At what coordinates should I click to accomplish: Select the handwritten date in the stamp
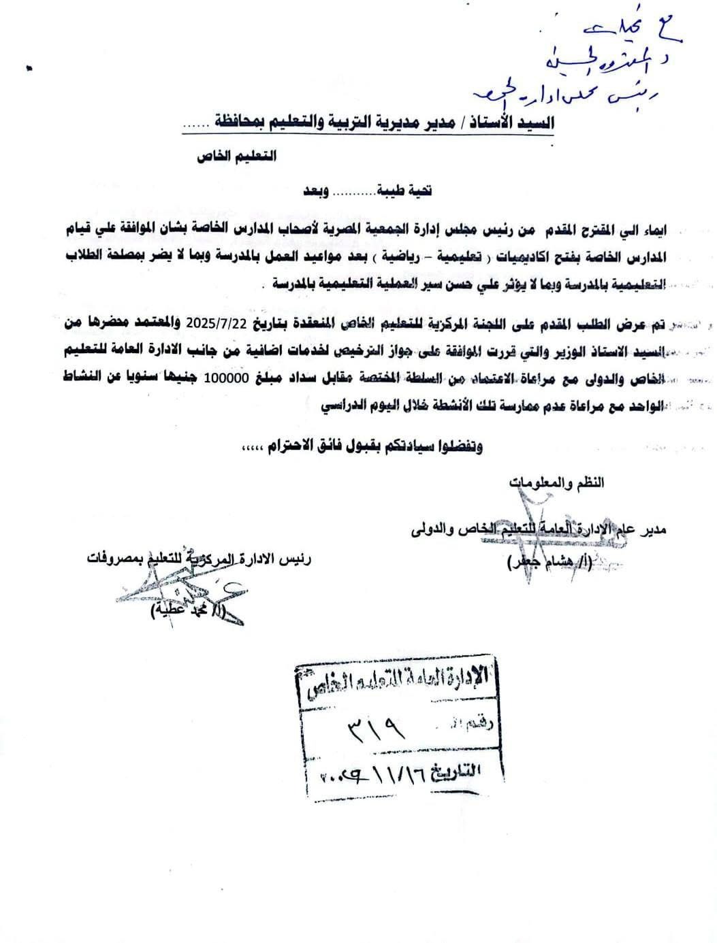point(371,774)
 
